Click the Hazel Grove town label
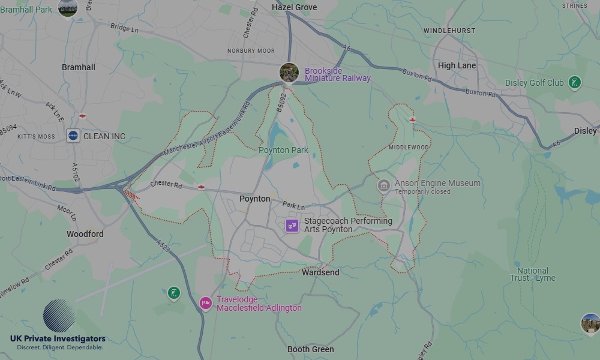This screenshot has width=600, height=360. pyautogui.click(x=294, y=7)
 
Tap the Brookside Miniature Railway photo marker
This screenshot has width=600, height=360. pyautogui.click(x=289, y=73)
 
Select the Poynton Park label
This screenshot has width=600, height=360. pyautogui.click(x=283, y=150)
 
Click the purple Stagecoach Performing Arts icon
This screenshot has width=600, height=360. pyautogui.click(x=292, y=226)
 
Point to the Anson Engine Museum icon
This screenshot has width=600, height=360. pyautogui.click(x=384, y=186)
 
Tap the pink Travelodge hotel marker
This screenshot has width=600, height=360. pyautogui.click(x=206, y=303)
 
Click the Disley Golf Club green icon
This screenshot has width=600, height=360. pyautogui.click(x=575, y=82)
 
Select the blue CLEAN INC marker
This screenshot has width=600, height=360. pyautogui.click(x=73, y=136)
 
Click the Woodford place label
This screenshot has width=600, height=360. pyautogui.click(x=85, y=234)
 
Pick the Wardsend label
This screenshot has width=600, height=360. pyautogui.click(x=320, y=272)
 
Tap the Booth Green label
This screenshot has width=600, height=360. pyautogui.click(x=311, y=349)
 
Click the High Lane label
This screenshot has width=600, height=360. pyautogui.click(x=457, y=65)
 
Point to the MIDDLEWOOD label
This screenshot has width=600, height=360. pyautogui.click(x=409, y=147)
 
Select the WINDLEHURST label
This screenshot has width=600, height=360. pyautogui.click(x=449, y=31)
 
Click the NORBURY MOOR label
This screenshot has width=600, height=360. pyautogui.click(x=251, y=51)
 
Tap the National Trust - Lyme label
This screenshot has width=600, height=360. pyautogui.click(x=533, y=274)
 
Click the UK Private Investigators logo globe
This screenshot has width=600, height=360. pyautogui.click(x=59, y=316)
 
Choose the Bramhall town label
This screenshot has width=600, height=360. pyautogui.click(x=79, y=67)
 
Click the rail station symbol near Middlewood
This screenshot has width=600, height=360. pyautogui.click(x=412, y=119)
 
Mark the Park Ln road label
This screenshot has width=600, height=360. pyautogui.click(x=294, y=206)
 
